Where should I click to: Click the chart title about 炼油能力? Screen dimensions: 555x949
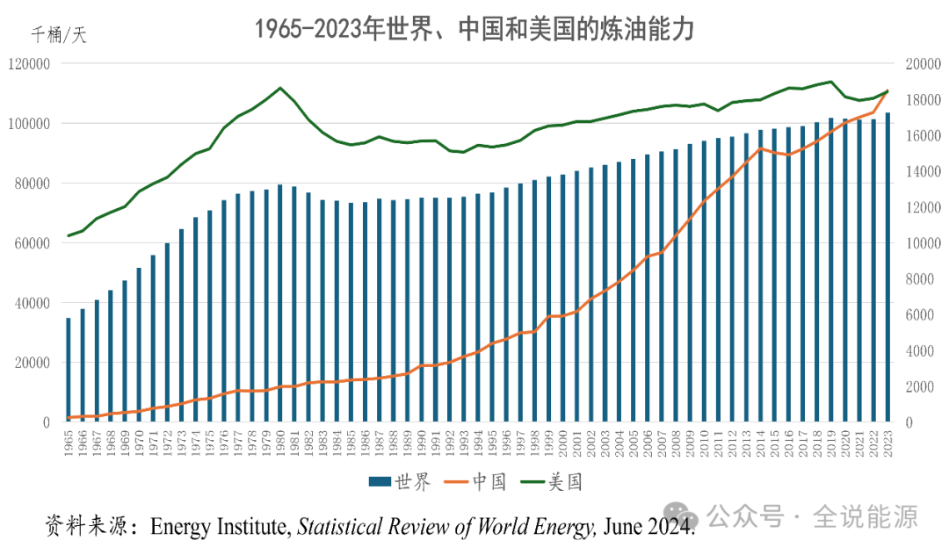pyautogui.click(x=474, y=28)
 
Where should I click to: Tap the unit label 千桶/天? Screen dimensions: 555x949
pyautogui.click(x=59, y=35)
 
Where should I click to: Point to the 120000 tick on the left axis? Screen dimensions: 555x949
pyautogui.click(x=29, y=64)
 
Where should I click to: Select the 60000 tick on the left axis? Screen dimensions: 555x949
pyautogui.click(x=33, y=243)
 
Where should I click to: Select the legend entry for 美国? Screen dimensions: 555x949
pyautogui.click(x=554, y=481)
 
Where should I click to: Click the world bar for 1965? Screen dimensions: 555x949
pyautogui.click(x=69, y=370)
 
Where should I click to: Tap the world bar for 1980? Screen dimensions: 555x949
pyautogui.click(x=280, y=303)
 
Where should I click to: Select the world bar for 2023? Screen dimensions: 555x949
pyautogui.click(x=887, y=268)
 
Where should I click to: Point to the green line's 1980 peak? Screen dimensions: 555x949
pyautogui.click(x=280, y=88)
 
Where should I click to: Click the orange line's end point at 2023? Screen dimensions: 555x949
pyautogui.click(x=887, y=91)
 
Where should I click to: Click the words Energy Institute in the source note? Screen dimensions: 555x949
pyautogui.click(x=220, y=526)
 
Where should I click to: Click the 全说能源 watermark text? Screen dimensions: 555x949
pyautogui.click(x=865, y=517)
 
